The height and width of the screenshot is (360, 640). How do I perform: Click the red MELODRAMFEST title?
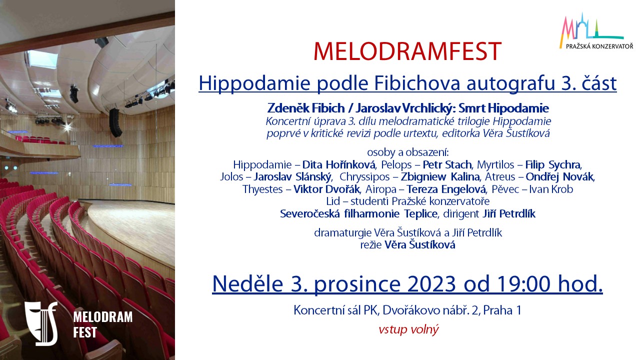coord(407,51)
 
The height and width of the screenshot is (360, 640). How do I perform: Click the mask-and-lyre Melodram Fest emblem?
coord(41,323)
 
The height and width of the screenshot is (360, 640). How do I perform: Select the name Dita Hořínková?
coord(338,165)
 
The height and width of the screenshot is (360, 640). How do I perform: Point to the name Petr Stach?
coord(447,165)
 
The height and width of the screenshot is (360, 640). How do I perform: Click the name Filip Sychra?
coord(553,165)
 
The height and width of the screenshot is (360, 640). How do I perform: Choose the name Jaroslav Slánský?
coord(292,177)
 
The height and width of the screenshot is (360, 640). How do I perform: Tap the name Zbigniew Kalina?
coord(440,177)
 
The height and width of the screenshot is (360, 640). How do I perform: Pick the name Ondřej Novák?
coord(559,177)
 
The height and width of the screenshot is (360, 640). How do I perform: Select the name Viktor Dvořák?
coord(326,189)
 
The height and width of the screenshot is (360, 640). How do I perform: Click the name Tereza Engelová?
coord(445,189)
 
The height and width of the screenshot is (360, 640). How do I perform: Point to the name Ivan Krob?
coord(551,189)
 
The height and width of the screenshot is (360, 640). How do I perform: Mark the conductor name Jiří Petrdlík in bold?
coord(509,213)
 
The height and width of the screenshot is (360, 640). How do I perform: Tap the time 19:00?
coord(523,284)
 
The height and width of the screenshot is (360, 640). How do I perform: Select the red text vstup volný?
coord(408,329)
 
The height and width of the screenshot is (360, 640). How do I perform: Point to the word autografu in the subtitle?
coord(510,83)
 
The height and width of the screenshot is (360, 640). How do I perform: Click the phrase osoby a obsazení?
coord(408,152)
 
